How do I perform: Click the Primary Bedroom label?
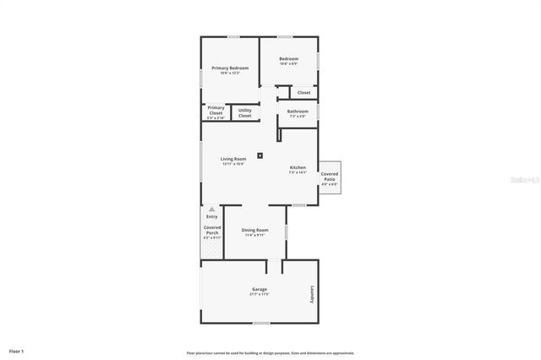230,68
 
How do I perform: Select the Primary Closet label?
216,110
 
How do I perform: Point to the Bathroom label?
298,111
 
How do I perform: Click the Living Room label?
233,159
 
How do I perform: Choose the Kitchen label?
298,167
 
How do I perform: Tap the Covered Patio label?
329,176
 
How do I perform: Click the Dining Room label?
254,230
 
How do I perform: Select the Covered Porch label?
211,230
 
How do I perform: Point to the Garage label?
259,289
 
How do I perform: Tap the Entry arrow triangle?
211,208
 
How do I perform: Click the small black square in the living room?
260,155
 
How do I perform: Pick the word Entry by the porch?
211,216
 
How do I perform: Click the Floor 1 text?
16,350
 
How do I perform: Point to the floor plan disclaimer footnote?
270,352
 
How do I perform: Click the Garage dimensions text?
259,295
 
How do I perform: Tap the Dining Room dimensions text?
254,235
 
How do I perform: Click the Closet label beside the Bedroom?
303,92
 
